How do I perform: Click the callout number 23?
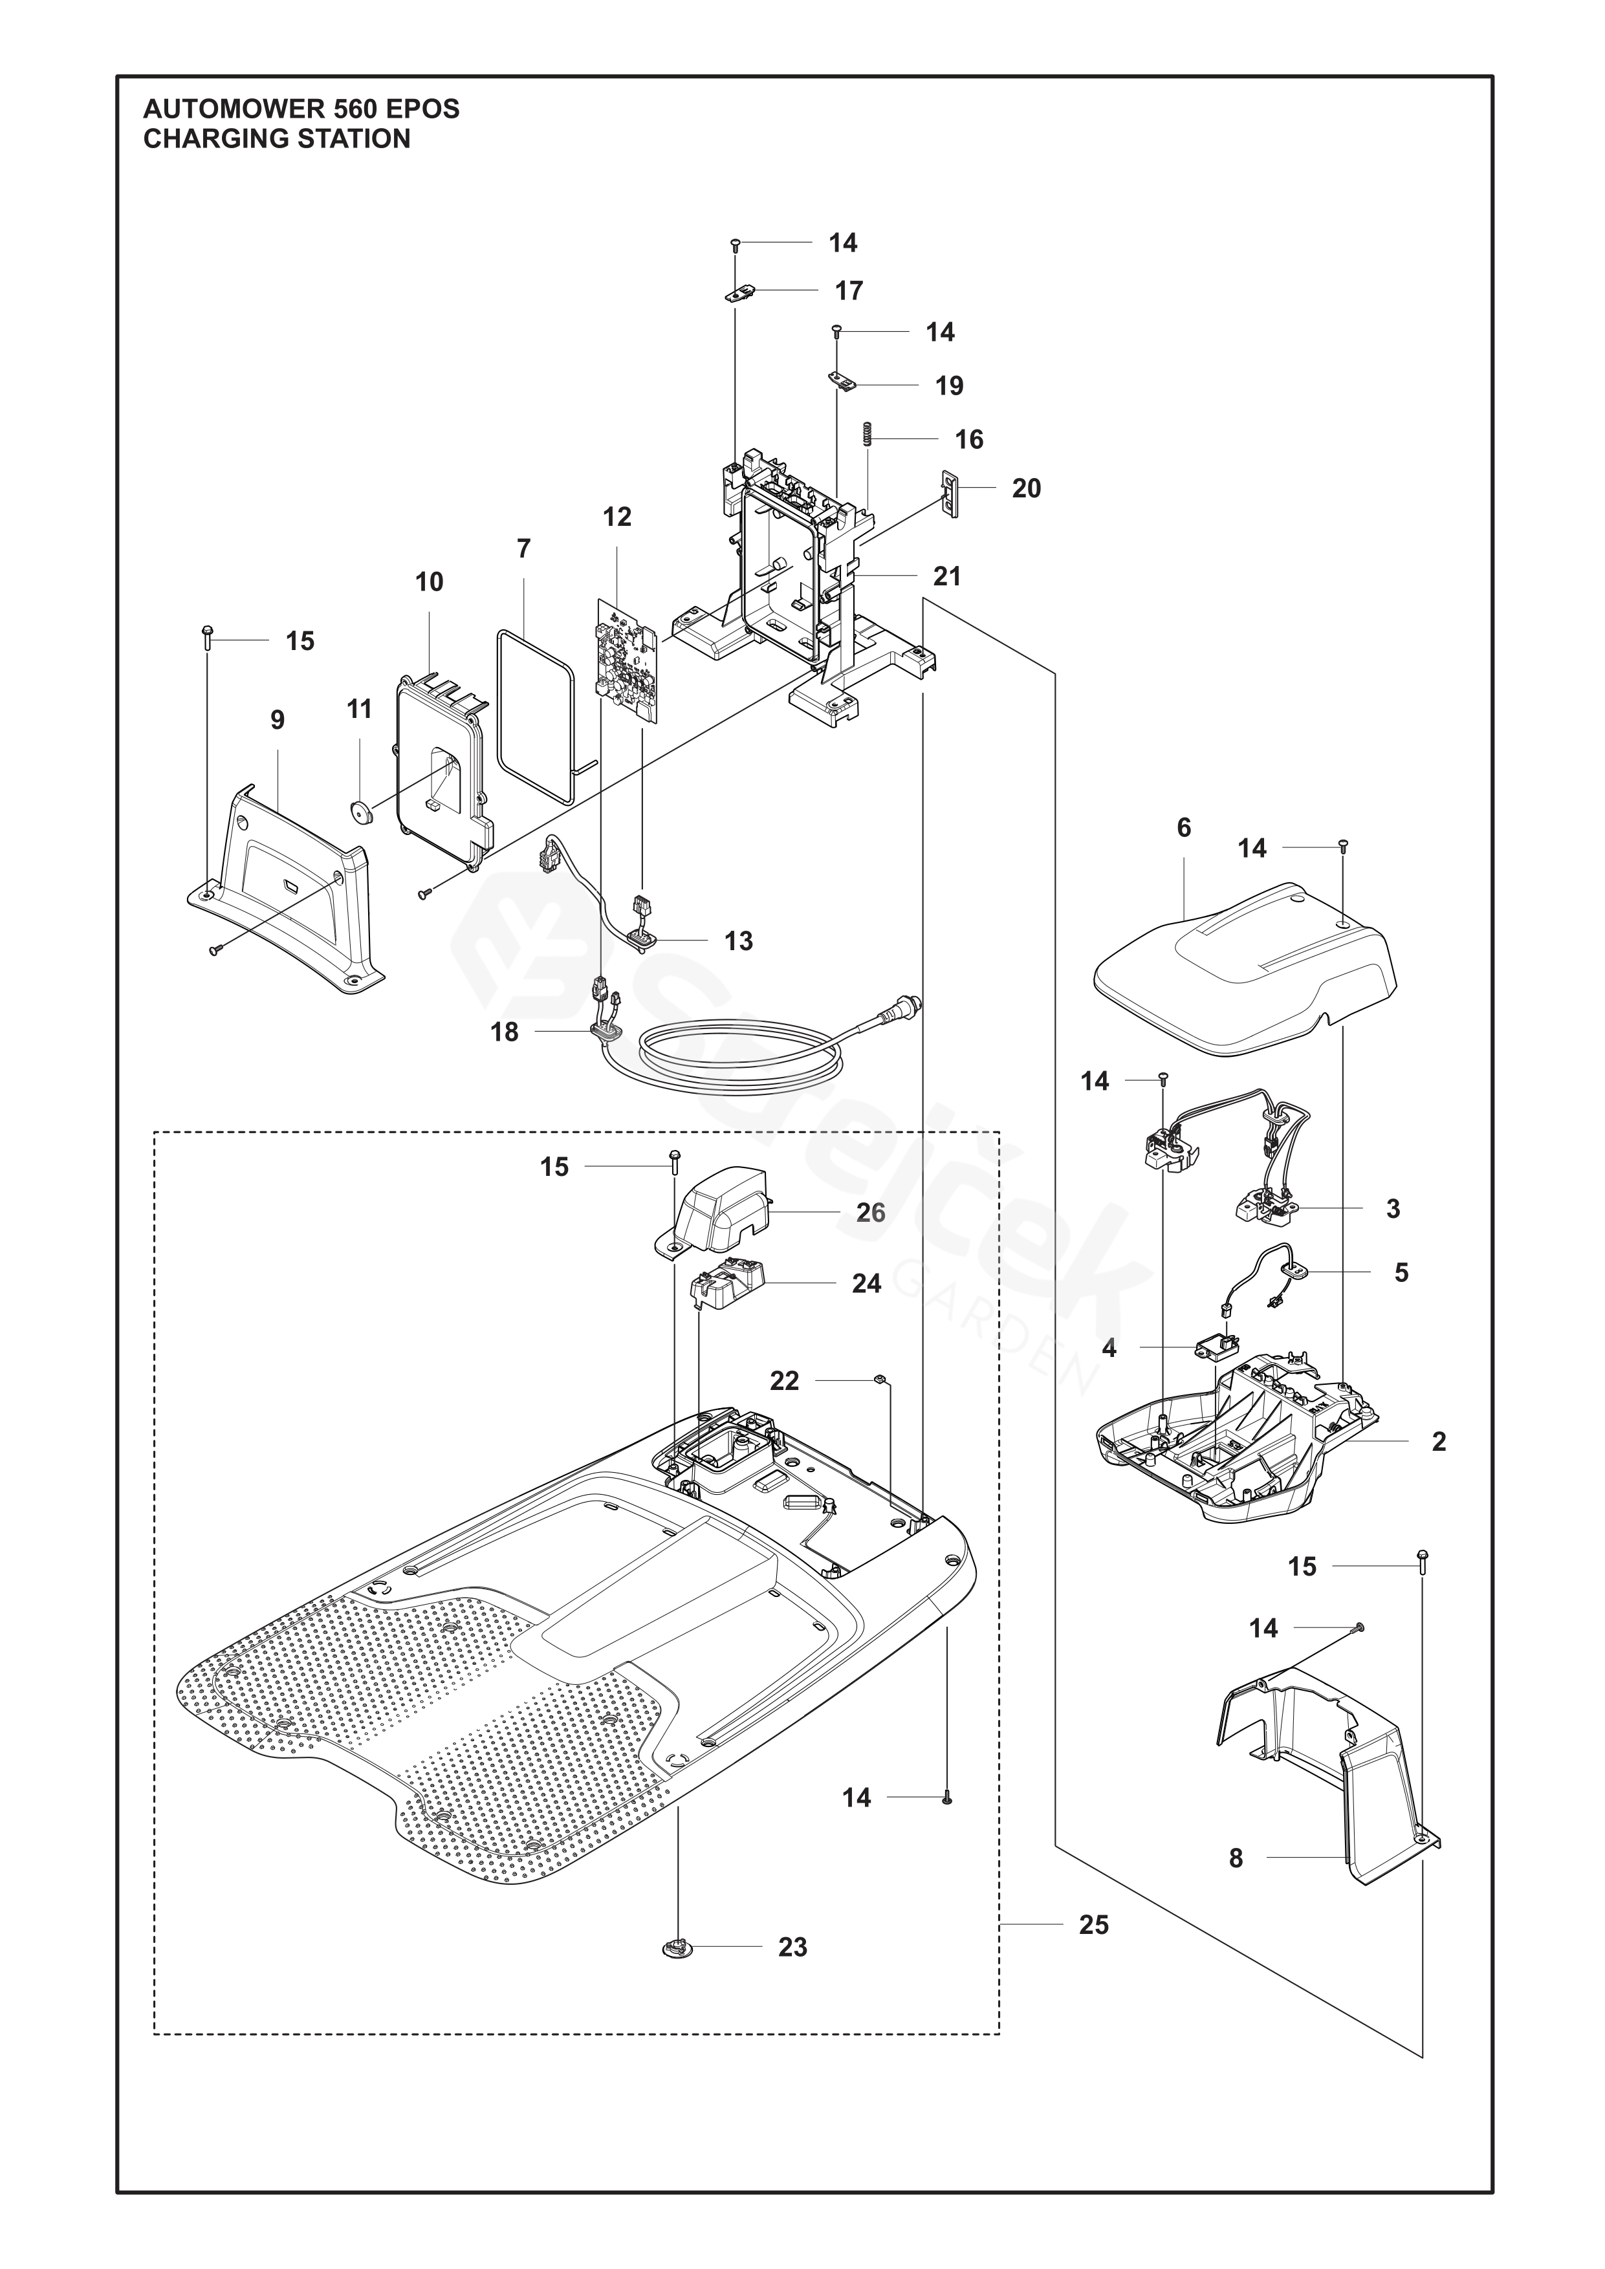click(x=792, y=1947)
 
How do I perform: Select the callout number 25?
click(x=1094, y=1924)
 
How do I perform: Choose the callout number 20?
click(x=1026, y=488)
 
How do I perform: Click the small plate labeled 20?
click(x=952, y=492)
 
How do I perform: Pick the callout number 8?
click(x=1236, y=1858)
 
